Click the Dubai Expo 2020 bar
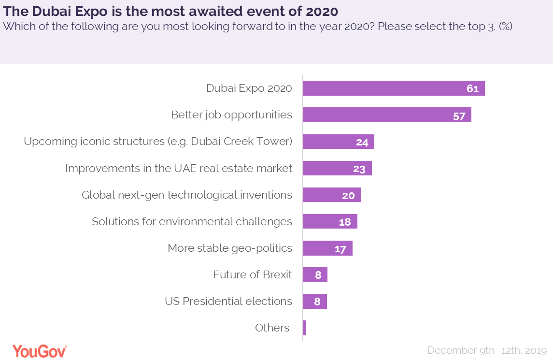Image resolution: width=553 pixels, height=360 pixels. point(393,88)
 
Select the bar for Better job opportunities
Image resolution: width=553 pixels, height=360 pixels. point(386,115)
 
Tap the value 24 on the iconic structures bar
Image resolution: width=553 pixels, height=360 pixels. point(362,142)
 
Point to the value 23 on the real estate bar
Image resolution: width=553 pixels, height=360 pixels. point(360,169)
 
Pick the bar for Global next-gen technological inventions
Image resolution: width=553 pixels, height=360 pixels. point(331,195)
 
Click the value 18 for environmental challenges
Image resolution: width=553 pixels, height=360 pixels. point(345,222)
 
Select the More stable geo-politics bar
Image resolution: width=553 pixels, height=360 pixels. point(327,248)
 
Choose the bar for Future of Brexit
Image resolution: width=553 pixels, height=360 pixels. point(315,275)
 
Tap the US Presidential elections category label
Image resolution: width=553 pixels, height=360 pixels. point(228,301)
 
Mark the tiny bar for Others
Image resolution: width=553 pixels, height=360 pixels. point(304,328)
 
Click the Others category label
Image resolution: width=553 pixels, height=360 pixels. point(272,328)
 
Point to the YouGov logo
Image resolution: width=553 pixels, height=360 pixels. point(40,351)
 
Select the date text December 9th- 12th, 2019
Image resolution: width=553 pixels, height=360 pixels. point(487,350)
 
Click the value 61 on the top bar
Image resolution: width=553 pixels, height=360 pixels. point(472,89)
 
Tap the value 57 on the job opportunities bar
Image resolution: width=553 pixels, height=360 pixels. point(459,115)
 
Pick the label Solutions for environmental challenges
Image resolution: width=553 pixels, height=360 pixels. point(192,221)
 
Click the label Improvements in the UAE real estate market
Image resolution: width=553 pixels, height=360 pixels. point(179,168)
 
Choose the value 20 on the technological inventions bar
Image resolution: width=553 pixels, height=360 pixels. point(348,195)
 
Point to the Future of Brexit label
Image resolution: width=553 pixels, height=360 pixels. point(253,274)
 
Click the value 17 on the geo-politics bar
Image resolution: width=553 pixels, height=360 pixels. point(340,249)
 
